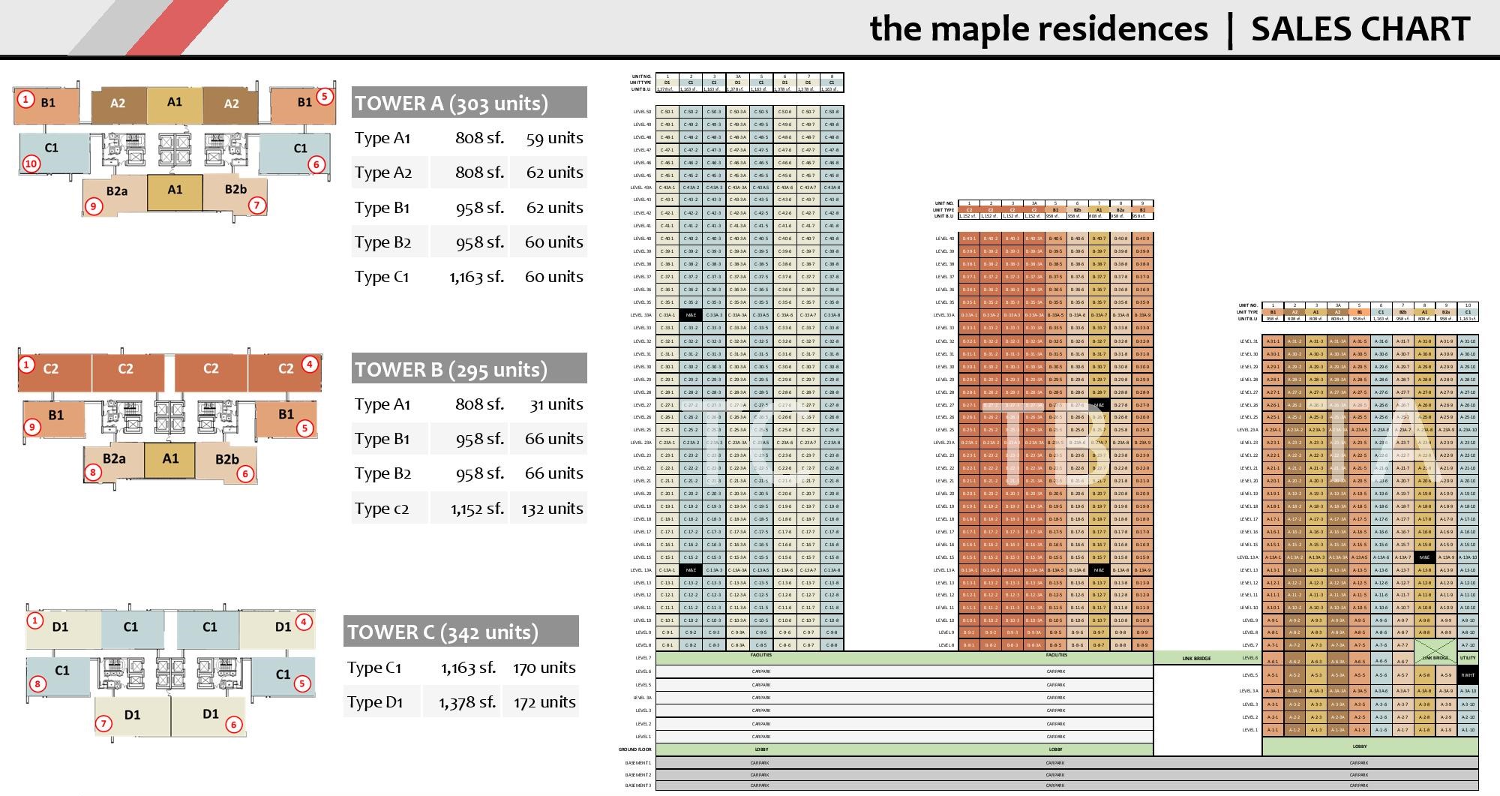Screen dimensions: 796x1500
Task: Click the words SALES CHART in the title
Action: (x=1360, y=29)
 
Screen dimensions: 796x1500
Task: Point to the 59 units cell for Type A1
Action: (x=554, y=138)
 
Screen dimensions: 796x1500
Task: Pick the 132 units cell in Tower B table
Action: (x=552, y=509)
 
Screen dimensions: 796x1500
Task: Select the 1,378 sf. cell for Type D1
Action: (x=466, y=702)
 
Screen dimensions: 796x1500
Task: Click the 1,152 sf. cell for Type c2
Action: (x=477, y=509)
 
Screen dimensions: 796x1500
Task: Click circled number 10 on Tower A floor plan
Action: (x=31, y=164)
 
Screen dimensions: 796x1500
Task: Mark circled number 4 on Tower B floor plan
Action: (x=310, y=365)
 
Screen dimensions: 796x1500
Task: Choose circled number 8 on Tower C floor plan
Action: (x=37, y=683)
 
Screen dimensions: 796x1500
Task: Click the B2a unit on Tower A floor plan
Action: (x=116, y=191)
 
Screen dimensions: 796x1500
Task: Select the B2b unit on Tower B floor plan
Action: (x=226, y=459)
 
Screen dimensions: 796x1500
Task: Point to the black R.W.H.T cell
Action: (x=1468, y=675)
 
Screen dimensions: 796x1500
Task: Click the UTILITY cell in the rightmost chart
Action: (x=1468, y=658)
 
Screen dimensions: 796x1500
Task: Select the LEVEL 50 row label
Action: (x=642, y=112)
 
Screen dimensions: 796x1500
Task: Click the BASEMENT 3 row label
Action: (x=638, y=785)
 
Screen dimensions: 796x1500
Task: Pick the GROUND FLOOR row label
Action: (x=635, y=749)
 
